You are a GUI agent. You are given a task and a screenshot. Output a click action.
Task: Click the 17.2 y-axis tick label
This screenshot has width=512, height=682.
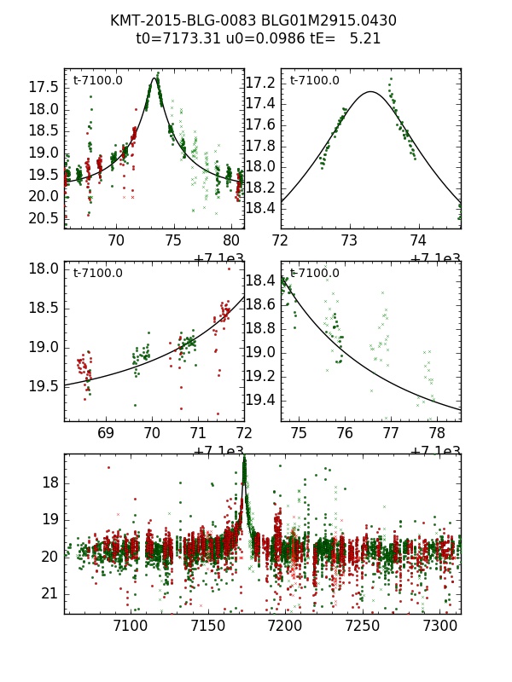[x=259, y=83]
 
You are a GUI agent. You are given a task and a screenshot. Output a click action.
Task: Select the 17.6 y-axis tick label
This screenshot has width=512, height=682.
[x=259, y=124]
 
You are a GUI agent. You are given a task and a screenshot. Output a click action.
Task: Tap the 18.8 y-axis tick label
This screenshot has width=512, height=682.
[x=259, y=328]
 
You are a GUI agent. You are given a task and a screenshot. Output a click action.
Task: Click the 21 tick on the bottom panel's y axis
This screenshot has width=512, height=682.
[x=50, y=593]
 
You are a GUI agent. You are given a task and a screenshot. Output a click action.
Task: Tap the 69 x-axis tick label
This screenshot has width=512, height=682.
[x=106, y=433]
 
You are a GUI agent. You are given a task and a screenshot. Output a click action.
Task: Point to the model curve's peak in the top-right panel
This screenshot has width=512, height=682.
[x=370, y=91]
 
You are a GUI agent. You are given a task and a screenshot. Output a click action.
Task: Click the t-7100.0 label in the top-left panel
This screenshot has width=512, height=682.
[x=97, y=80]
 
